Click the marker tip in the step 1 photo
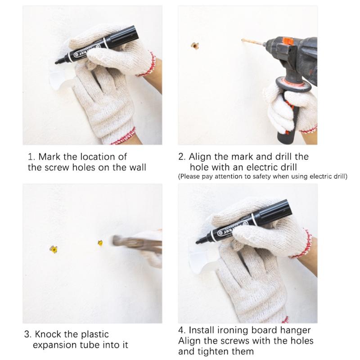(x=57, y=62)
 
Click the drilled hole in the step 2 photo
(x=195, y=46)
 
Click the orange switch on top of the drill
(x=288, y=41)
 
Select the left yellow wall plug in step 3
(x=54, y=249)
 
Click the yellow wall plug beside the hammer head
(x=100, y=243)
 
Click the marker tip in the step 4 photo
(x=198, y=242)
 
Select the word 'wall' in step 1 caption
(x=137, y=167)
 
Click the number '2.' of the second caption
(x=182, y=157)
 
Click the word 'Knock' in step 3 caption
(x=48, y=334)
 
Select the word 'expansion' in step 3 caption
(x=55, y=345)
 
